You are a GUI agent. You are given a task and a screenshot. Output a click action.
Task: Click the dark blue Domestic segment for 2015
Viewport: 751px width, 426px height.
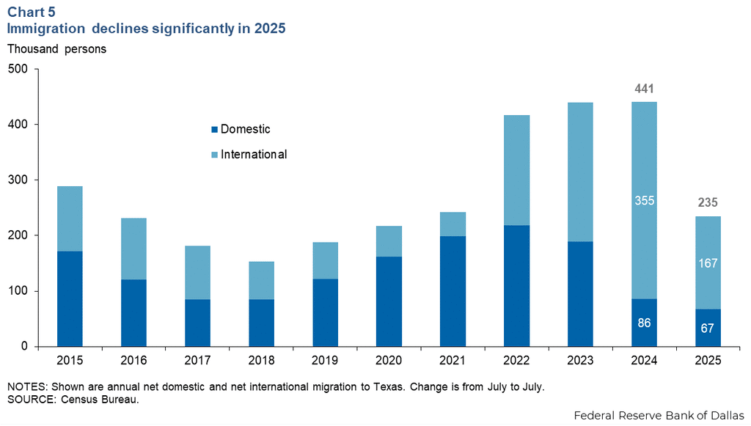(x=70, y=298)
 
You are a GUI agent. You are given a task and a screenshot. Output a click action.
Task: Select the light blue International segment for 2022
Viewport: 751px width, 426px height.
(x=516, y=170)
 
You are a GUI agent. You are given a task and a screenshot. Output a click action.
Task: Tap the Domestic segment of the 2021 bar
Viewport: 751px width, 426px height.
(x=453, y=291)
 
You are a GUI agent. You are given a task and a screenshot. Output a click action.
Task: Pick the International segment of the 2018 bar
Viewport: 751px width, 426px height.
(x=261, y=280)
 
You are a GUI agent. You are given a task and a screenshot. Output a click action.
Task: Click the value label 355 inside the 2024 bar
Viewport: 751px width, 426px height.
(x=644, y=200)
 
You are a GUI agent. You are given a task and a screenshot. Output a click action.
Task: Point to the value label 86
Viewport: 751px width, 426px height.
(x=644, y=322)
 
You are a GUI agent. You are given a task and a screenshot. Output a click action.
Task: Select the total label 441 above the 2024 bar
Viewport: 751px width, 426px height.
(x=644, y=89)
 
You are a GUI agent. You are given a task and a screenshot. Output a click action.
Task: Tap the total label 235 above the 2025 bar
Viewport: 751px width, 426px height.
(x=708, y=203)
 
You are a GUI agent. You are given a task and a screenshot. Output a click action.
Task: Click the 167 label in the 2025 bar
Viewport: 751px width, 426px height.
(x=708, y=262)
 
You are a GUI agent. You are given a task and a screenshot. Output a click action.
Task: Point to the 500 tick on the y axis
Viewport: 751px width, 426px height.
(x=18, y=69)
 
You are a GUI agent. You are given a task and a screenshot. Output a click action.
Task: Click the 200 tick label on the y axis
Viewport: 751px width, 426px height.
(x=18, y=235)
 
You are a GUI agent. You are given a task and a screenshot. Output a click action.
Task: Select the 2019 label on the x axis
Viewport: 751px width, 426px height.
(x=325, y=361)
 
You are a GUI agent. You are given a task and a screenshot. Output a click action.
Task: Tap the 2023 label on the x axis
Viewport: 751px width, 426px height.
(x=580, y=361)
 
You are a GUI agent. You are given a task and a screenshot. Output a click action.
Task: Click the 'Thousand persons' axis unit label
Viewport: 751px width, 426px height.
(x=56, y=49)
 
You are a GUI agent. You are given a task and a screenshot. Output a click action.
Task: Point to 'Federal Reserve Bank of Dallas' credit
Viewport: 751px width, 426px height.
(x=659, y=414)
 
